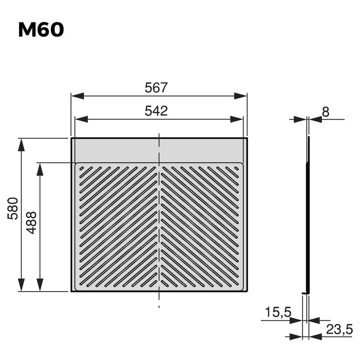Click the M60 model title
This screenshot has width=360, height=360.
click(x=41, y=30)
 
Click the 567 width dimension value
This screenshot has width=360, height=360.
click(x=156, y=87)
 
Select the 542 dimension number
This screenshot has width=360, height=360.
click(x=156, y=111)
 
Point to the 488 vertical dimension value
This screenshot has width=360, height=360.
click(x=32, y=223)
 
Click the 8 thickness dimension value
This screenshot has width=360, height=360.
click(x=326, y=112)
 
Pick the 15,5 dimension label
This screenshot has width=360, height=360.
click(x=278, y=312)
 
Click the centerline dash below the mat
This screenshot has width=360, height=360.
click(x=159, y=307)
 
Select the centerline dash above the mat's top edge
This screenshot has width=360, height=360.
click(x=159, y=135)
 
